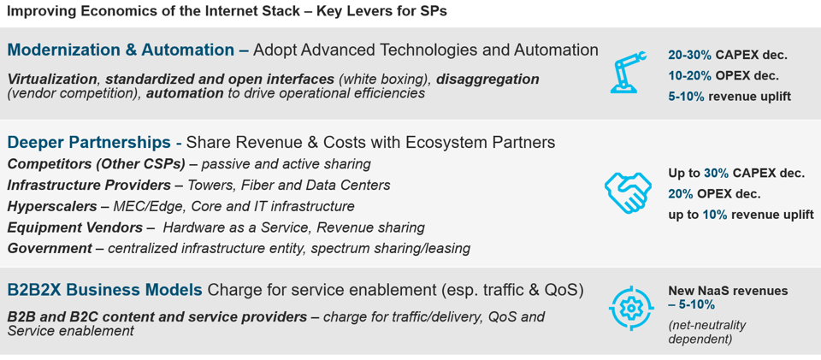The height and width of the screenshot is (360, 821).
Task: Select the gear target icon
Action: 631,308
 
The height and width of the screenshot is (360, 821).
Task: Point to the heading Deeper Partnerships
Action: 89,142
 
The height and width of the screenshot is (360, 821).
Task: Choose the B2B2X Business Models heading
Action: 104,290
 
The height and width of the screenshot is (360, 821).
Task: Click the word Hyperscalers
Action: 53,206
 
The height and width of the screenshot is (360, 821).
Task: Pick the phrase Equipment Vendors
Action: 75,227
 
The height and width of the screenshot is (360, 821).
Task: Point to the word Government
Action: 50,249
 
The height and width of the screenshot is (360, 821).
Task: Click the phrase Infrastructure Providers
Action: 89,185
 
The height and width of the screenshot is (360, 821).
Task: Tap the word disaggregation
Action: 487,80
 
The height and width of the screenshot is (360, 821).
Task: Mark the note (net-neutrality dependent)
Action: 707,332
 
